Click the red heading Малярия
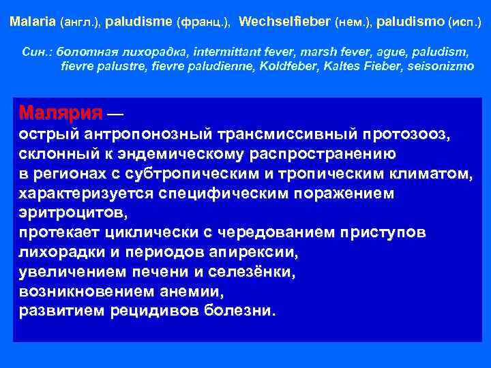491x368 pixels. coord(61,112)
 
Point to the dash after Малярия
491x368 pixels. coord(115,112)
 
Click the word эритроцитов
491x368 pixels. coord(72,213)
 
